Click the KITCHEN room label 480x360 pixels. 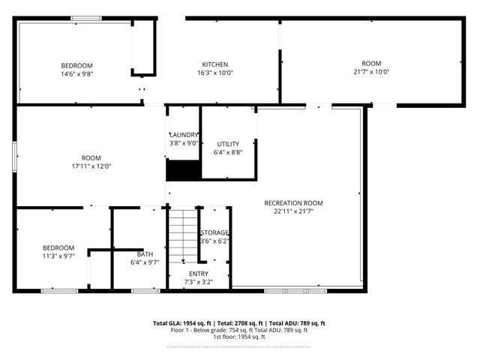214,64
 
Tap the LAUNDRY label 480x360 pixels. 184,134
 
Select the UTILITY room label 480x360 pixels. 228,143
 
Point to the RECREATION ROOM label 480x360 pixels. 293,203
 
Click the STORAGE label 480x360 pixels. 214,232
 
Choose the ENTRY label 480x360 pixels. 199,274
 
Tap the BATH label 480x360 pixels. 145,254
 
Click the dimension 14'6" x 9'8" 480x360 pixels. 76,74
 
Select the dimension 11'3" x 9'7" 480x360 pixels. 58,256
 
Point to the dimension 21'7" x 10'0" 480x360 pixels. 371,73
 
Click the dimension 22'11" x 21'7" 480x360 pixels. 293,212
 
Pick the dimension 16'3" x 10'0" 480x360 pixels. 215,73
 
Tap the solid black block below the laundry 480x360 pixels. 184,171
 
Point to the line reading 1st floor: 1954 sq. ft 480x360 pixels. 239,337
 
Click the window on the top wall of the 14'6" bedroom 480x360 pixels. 87,17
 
